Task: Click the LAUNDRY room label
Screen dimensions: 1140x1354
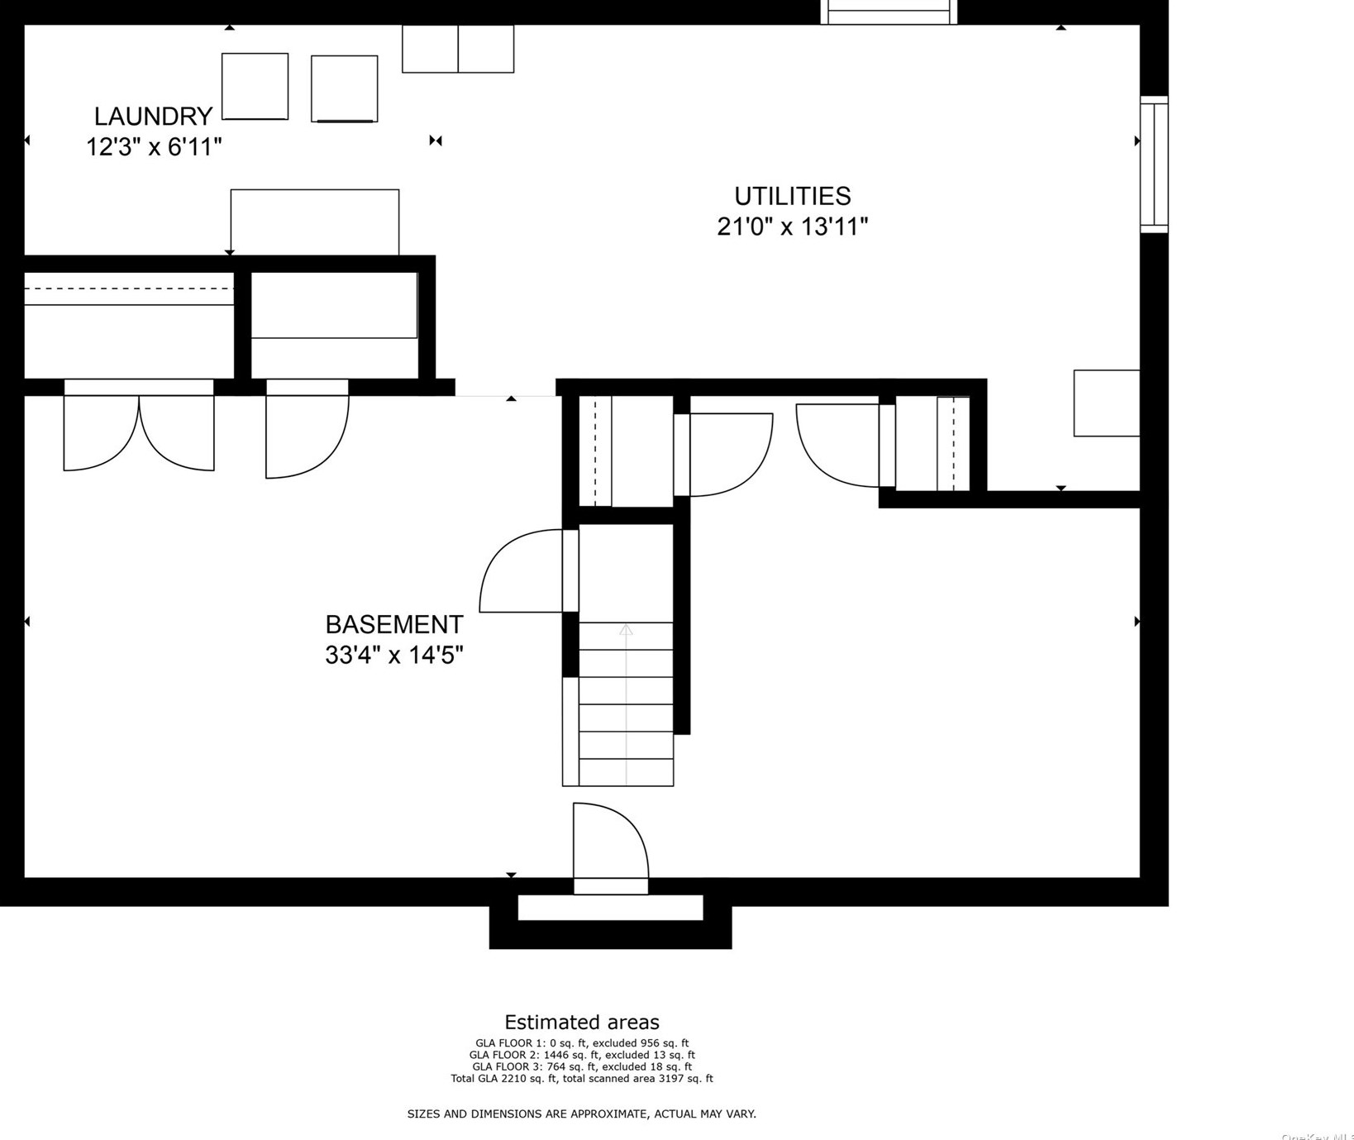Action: click(x=153, y=116)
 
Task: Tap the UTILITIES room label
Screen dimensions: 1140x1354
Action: click(x=792, y=196)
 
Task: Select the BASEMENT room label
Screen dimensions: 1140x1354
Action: click(x=393, y=624)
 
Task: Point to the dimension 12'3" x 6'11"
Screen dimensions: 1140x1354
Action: click(x=154, y=147)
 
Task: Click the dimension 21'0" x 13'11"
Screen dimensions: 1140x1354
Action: click(x=792, y=227)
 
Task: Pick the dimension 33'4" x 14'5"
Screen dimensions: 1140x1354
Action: click(x=393, y=656)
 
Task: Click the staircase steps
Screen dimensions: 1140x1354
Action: click(x=626, y=703)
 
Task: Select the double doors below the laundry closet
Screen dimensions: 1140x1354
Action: click(x=139, y=430)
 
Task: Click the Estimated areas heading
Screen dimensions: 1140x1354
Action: click(x=582, y=1023)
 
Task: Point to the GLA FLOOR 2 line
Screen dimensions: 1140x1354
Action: click(x=582, y=1055)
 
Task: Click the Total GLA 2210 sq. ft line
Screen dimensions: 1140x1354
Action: click(x=582, y=1078)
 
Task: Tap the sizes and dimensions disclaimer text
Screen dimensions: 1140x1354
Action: click(x=582, y=1114)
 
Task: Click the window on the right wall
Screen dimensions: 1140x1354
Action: click(x=1154, y=164)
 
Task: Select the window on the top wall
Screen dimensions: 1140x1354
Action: click(x=889, y=12)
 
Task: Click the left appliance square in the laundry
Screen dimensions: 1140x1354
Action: click(x=255, y=86)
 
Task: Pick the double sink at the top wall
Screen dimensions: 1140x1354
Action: click(x=458, y=49)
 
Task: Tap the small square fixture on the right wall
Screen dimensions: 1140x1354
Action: click(x=1106, y=403)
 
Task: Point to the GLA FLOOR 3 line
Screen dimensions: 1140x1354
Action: click(x=582, y=1066)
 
